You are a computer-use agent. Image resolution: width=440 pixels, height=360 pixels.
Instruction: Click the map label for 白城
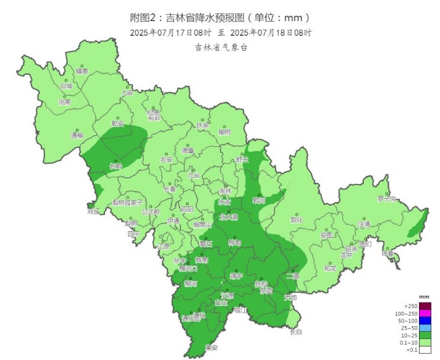pyautogui.click(x=66, y=86)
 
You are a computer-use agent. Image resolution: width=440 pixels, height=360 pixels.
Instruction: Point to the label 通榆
pyautogui.click(x=77, y=135)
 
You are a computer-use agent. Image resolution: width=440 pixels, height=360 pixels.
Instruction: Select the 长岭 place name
pyautogui.click(x=116, y=166)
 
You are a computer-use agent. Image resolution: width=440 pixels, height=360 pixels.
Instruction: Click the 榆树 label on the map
pyautogui.click(x=224, y=132)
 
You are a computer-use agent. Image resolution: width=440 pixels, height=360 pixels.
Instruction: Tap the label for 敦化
pyautogui.click(x=297, y=219)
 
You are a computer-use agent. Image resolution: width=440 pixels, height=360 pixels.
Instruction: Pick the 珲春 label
pyautogui.click(x=387, y=254)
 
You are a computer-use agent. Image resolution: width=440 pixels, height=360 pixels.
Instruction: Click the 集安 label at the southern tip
pyautogui.click(x=211, y=347)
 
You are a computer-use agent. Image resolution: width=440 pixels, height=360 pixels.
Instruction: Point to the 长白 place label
pyautogui.click(x=297, y=332)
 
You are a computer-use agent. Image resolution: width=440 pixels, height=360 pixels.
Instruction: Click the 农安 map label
pyautogui.click(x=167, y=159)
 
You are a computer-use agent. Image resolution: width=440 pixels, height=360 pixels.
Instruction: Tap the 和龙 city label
pyautogui.click(x=330, y=268)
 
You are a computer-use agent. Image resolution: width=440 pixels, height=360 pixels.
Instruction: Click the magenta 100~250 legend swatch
pyautogui.click(x=426, y=313)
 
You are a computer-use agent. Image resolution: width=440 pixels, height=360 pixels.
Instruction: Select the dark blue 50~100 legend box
pyautogui.click(x=426, y=320)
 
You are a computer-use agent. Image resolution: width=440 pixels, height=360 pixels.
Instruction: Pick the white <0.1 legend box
pyautogui.click(x=426, y=350)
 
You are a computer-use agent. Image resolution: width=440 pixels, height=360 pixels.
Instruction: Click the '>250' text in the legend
pyautogui.click(x=411, y=306)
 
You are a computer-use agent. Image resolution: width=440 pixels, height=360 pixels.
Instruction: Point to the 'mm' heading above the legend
pyautogui.click(x=424, y=297)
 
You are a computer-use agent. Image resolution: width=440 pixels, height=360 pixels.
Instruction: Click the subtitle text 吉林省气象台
pyautogui.click(x=221, y=47)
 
